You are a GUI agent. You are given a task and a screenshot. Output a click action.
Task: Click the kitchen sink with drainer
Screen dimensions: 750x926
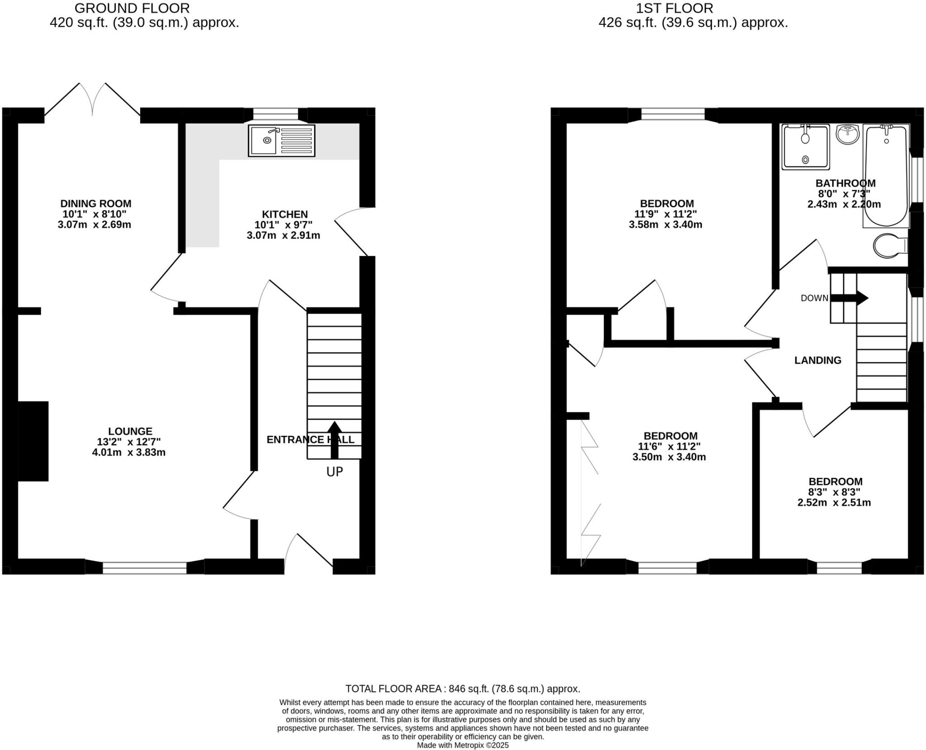281,141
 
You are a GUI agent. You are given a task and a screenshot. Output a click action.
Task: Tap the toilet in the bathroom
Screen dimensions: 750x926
890,246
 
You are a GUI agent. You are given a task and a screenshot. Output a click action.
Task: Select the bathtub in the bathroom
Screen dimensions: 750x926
885,176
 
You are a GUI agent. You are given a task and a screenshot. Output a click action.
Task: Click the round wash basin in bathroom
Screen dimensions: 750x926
847,135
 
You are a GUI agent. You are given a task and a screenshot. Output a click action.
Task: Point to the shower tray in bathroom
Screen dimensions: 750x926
806,146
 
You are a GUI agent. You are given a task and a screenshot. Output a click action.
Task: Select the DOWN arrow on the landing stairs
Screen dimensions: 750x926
850,298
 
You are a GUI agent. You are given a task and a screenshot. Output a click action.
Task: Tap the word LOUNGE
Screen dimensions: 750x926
130,431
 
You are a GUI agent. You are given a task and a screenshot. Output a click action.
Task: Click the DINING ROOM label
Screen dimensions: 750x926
96,203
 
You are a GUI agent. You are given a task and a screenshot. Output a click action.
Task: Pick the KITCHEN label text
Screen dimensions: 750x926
285,214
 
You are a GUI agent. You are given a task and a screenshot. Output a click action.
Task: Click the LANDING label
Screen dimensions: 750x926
817,360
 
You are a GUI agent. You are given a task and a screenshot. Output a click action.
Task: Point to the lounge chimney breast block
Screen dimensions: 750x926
33,441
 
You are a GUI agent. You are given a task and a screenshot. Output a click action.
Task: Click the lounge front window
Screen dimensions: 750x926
145,568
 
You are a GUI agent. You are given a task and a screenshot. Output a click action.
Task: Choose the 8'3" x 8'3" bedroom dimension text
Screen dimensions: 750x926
834,492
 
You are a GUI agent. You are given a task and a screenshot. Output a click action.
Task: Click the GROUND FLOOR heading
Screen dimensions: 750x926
132,8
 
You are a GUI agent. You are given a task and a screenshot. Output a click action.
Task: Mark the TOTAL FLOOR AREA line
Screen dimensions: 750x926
463,689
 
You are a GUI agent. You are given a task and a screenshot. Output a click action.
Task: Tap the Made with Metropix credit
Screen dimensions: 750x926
463,745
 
